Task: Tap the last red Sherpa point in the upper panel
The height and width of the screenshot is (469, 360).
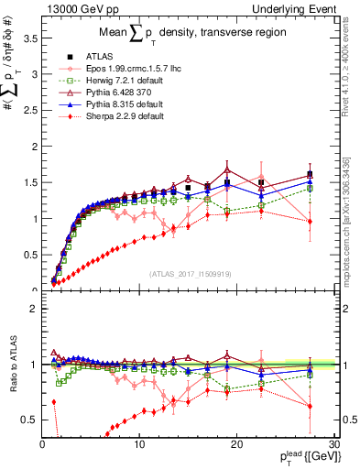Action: [310, 222]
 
